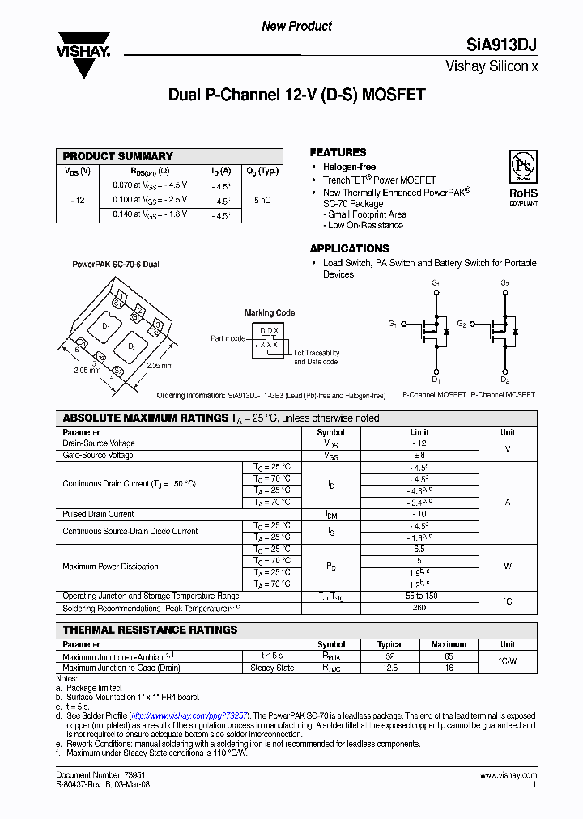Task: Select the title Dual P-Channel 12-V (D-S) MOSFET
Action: click(x=296, y=95)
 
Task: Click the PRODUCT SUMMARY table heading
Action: click(x=118, y=156)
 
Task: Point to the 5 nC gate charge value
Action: click(x=262, y=200)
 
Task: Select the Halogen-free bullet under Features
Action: click(x=349, y=167)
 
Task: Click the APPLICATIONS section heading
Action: click(x=349, y=248)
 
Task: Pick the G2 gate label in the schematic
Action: click(x=461, y=324)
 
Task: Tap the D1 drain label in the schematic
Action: click(x=436, y=380)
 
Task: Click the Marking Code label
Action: click(x=270, y=312)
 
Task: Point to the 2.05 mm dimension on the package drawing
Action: click(x=74, y=369)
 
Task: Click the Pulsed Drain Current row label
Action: click(x=98, y=514)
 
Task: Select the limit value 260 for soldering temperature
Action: click(x=419, y=607)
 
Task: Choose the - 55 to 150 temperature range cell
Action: click(x=419, y=596)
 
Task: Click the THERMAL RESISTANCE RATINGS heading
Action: click(x=151, y=630)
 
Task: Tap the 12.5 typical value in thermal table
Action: click(x=390, y=668)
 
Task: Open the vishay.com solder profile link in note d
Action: click(x=189, y=716)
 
